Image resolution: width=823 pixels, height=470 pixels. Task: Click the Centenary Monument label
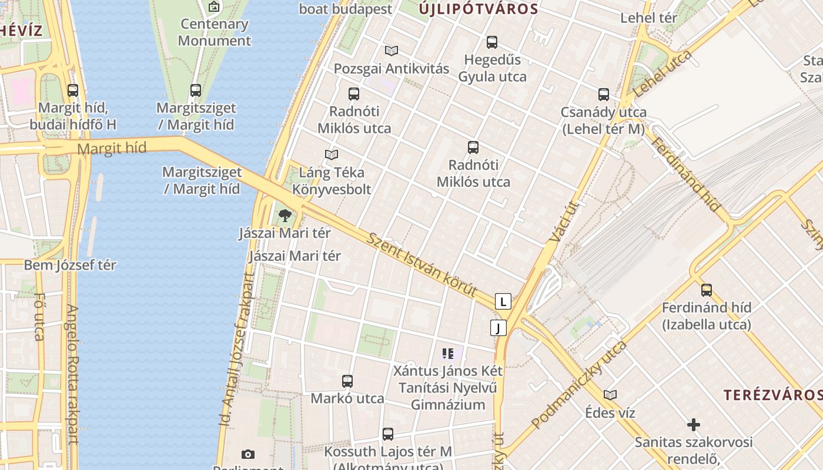point(214,32)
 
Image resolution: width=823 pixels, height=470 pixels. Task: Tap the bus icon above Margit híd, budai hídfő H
point(73,90)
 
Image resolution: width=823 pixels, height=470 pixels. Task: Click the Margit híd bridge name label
point(111,149)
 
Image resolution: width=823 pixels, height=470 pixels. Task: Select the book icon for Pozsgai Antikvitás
point(392,51)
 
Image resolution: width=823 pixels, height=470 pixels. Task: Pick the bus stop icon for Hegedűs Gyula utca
point(492,42)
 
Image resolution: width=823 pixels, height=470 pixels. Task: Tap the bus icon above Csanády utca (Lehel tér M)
point(604,95)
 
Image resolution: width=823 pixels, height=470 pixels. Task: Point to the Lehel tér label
point(648,18)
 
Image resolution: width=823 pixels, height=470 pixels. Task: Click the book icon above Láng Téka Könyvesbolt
point(332,155)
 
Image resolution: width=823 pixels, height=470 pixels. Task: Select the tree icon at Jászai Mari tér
point(285,216)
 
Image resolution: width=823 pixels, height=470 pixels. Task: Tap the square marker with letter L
point(503,301)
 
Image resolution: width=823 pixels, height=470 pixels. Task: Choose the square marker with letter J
point(499,328)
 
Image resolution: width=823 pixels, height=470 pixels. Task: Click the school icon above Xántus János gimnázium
point(448,354)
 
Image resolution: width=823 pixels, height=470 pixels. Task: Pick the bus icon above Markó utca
point(347,381)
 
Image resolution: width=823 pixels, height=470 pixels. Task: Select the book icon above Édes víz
point(610,395)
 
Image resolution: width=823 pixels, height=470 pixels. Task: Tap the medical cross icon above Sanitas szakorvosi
point(694,424)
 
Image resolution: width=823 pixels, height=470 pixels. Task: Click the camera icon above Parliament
point(248,454)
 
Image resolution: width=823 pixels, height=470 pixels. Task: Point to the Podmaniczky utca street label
point(578,385)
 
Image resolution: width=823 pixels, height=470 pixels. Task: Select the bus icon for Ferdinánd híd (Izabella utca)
point(707,290)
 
